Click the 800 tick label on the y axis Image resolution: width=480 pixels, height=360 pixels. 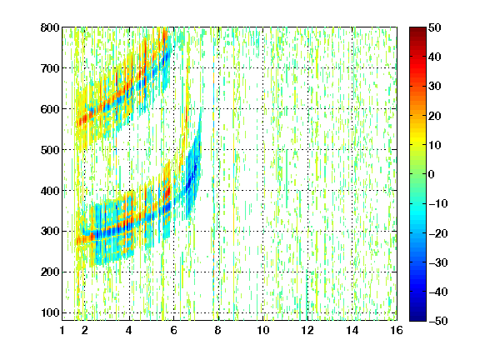tap(50, 27)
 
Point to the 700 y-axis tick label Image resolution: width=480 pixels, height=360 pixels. tap(50, 68)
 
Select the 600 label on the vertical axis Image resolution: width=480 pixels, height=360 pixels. tap(50, 109)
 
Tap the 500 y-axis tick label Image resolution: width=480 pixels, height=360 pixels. tap(50, 150)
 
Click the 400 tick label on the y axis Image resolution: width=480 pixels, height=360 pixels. tap(50, 191)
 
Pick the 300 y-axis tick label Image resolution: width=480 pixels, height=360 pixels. tap(50, 232)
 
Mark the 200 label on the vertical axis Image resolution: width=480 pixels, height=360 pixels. tap(50, 272)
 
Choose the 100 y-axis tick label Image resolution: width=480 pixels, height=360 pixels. tap(50, 312)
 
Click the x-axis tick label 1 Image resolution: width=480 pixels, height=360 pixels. tap(62, 330)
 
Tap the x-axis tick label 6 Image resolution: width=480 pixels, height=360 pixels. tap(173, 330)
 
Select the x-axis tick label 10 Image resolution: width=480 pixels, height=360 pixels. tap(263, 330)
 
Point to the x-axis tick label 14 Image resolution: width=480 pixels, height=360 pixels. tap(352, 330)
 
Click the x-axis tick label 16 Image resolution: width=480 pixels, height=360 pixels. tap(397, 330)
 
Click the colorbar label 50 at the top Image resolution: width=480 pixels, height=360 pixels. tap(435, 27)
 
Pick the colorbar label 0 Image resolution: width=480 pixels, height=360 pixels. tap(432, 174)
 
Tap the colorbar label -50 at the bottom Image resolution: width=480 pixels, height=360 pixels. tap(438, 321)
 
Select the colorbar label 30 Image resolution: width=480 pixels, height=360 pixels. tap(435, 87)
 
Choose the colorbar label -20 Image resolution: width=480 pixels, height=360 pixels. tap(438, 233)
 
